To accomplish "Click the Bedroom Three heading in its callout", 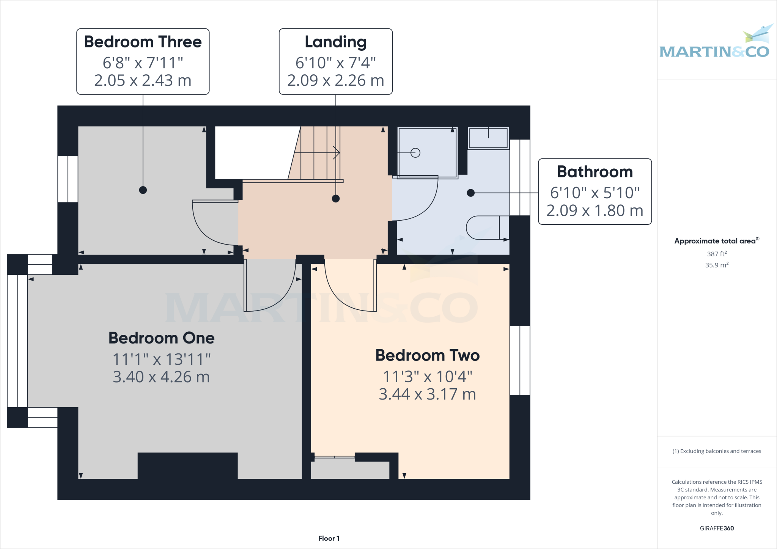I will pos(143,42).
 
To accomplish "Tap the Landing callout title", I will pos(335,42).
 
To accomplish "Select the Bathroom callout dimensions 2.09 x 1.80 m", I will pos(595,211).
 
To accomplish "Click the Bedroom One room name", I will pos(161,338).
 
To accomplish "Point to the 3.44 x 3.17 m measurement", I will pos(427,394).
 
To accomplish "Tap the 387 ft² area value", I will pos(716,254).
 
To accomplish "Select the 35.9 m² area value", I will pos(716,265).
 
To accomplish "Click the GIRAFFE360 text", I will pos(716,528).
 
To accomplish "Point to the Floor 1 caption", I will pos(329,538).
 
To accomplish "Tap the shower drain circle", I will pos(415,153).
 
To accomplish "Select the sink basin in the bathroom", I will pos(488,138).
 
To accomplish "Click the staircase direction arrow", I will pos(335,153).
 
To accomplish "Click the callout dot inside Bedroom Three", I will pos(143,190).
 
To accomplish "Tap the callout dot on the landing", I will pos(336,198).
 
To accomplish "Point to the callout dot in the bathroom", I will pos(471,193).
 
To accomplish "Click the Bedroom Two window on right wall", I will pos(520,360).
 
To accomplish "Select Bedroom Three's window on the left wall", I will pos(68,179).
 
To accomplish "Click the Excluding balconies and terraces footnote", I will pos(716,451).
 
